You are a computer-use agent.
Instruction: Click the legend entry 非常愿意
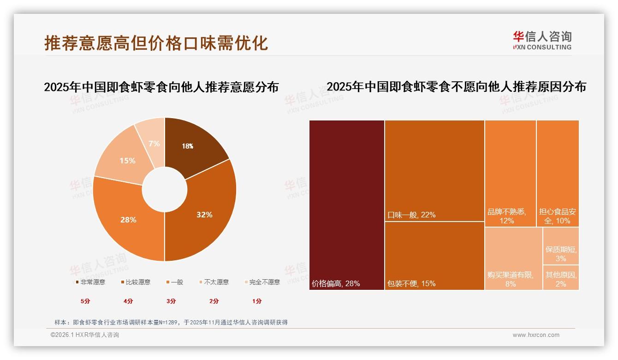(x=90, y=282)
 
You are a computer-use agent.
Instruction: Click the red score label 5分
(x=85, y=301)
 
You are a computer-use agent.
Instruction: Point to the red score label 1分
(x=257, y=301)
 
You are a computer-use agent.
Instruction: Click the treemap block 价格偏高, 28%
(x=346, y=205)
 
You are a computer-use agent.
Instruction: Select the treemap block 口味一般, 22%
(x=434, y=171)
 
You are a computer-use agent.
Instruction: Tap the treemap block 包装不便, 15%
(x=434, y=256)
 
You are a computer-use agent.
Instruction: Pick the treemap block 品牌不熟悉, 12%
(x=510, y=173)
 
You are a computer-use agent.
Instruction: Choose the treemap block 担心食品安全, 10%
(x=558, y=173)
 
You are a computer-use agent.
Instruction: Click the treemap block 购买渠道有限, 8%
(x=513, y=258)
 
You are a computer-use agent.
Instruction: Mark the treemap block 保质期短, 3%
(x=561, y=246)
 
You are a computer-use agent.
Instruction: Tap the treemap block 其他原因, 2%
(x=561, y=277)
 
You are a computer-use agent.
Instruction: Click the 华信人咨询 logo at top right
(x=542, y=40)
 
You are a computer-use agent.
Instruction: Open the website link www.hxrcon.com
(x=536, y=335)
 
